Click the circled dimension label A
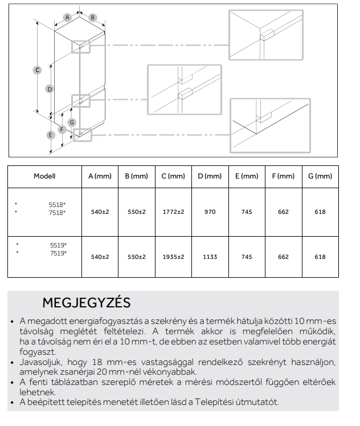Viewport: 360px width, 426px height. click(67, 18)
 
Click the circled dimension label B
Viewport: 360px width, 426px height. click(92, 18)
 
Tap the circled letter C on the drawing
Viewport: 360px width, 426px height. click(37, 70)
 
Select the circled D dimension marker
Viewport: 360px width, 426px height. click(50, 89)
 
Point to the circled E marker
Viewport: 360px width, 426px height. click(51, 135)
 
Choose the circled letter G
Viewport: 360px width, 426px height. click(72, 122)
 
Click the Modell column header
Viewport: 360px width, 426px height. click(44, 177)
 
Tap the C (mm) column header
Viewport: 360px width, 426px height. click(173, 177)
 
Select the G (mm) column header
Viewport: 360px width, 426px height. click(320, 177)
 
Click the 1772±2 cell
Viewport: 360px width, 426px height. click(173, 212)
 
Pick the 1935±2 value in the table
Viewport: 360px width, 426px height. click(173, 257)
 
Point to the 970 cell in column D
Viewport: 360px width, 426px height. click(210, 212)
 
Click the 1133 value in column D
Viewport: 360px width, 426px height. click(210, 257)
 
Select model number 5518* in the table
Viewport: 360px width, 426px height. click(57, 204)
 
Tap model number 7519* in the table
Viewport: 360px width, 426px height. click(58, 253)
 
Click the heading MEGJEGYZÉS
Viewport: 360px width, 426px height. click(87, 302)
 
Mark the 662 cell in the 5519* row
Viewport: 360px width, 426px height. click(283, 257)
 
